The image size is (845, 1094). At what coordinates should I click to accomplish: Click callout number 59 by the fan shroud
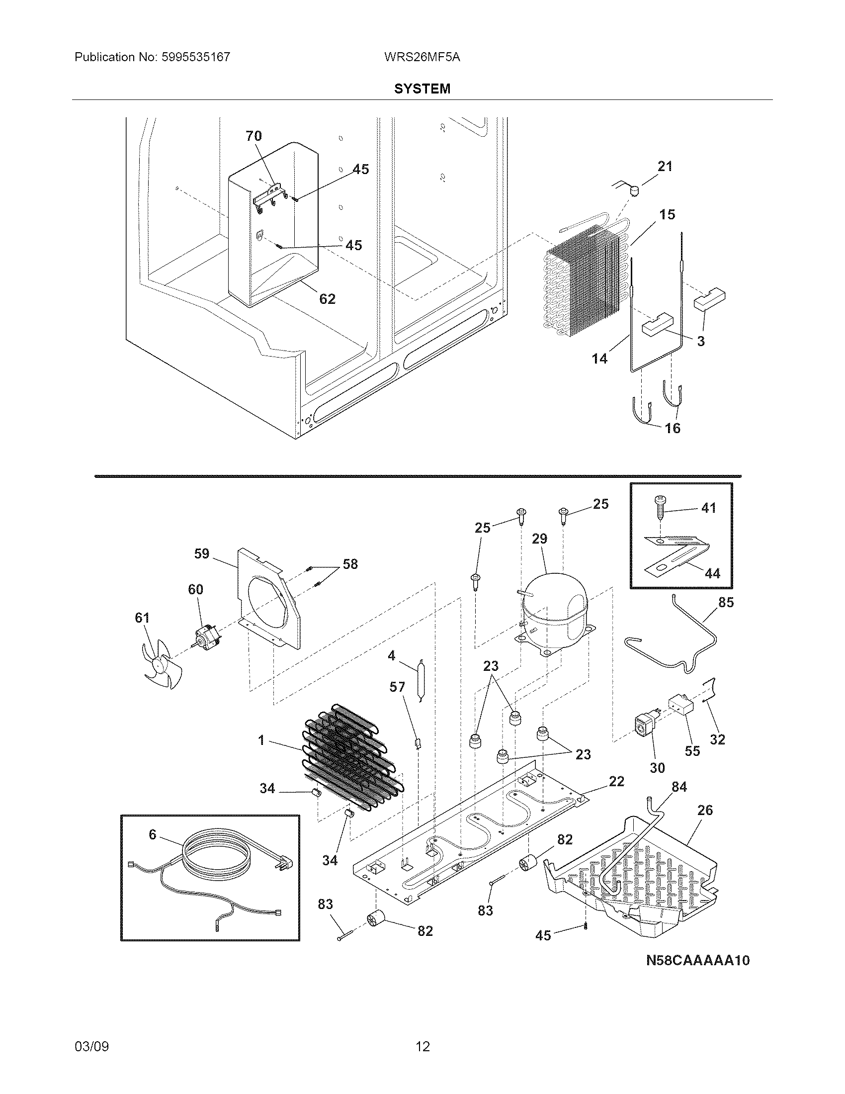pos(202,554)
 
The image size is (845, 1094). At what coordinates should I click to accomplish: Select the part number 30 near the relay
pos(657,767)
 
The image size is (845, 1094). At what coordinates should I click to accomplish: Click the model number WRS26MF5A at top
pos(422,57)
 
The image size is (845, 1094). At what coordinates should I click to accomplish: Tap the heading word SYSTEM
pos(422,89)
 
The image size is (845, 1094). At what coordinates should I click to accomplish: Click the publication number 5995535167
pos(196,57)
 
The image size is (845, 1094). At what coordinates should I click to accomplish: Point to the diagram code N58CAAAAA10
pos(698,960)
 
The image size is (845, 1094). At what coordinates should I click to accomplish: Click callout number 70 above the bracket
pos(253,136)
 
